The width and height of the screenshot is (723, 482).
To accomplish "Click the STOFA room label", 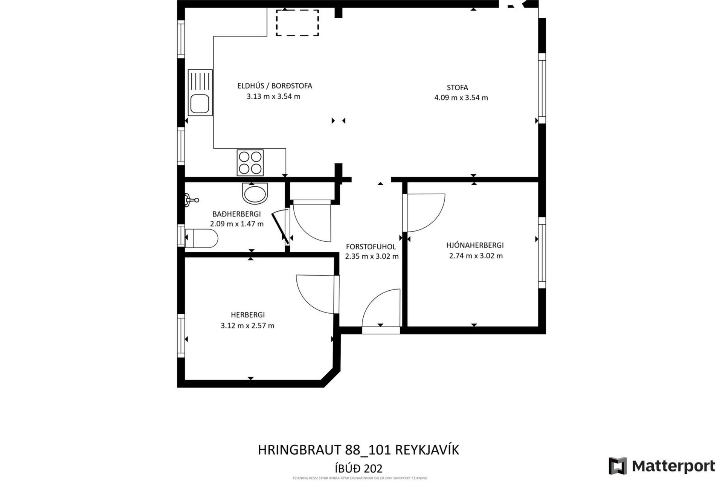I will [457, 87].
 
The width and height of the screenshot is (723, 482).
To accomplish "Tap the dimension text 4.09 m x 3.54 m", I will [461, 98].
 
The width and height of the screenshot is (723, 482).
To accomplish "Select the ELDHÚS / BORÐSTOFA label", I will [275, 86].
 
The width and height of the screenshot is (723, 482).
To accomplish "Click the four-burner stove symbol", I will [250, 163].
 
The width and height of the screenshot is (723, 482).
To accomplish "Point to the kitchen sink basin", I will [200, 104].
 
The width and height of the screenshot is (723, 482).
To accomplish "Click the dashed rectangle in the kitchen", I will [297, 23].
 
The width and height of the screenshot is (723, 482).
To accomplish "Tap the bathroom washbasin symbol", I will [255, 194].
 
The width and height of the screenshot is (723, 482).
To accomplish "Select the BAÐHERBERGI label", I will [236, 214].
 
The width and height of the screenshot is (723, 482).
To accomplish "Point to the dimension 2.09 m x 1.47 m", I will [236, 224].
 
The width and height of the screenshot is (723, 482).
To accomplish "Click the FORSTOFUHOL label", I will [371, 247].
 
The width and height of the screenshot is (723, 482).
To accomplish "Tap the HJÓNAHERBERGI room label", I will [475, 245].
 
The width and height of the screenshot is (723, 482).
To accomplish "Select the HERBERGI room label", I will [248, 314].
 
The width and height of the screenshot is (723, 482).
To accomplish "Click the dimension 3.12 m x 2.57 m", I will [247, 325].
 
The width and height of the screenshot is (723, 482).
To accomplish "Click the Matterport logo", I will [662, 466].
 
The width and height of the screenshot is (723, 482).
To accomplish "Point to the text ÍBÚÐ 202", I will [358, 468].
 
